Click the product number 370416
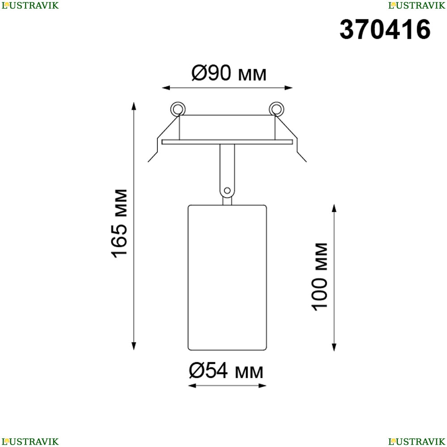coord(385,30)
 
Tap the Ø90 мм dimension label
coord(229,73)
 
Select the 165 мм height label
coord(119,223)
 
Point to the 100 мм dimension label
coord(320,277)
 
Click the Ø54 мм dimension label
coord(226,371)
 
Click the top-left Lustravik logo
coord(30,5)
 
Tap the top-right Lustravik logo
coord(417,5)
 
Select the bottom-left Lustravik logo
coord(30,442)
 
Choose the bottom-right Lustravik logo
coord(417,442)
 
